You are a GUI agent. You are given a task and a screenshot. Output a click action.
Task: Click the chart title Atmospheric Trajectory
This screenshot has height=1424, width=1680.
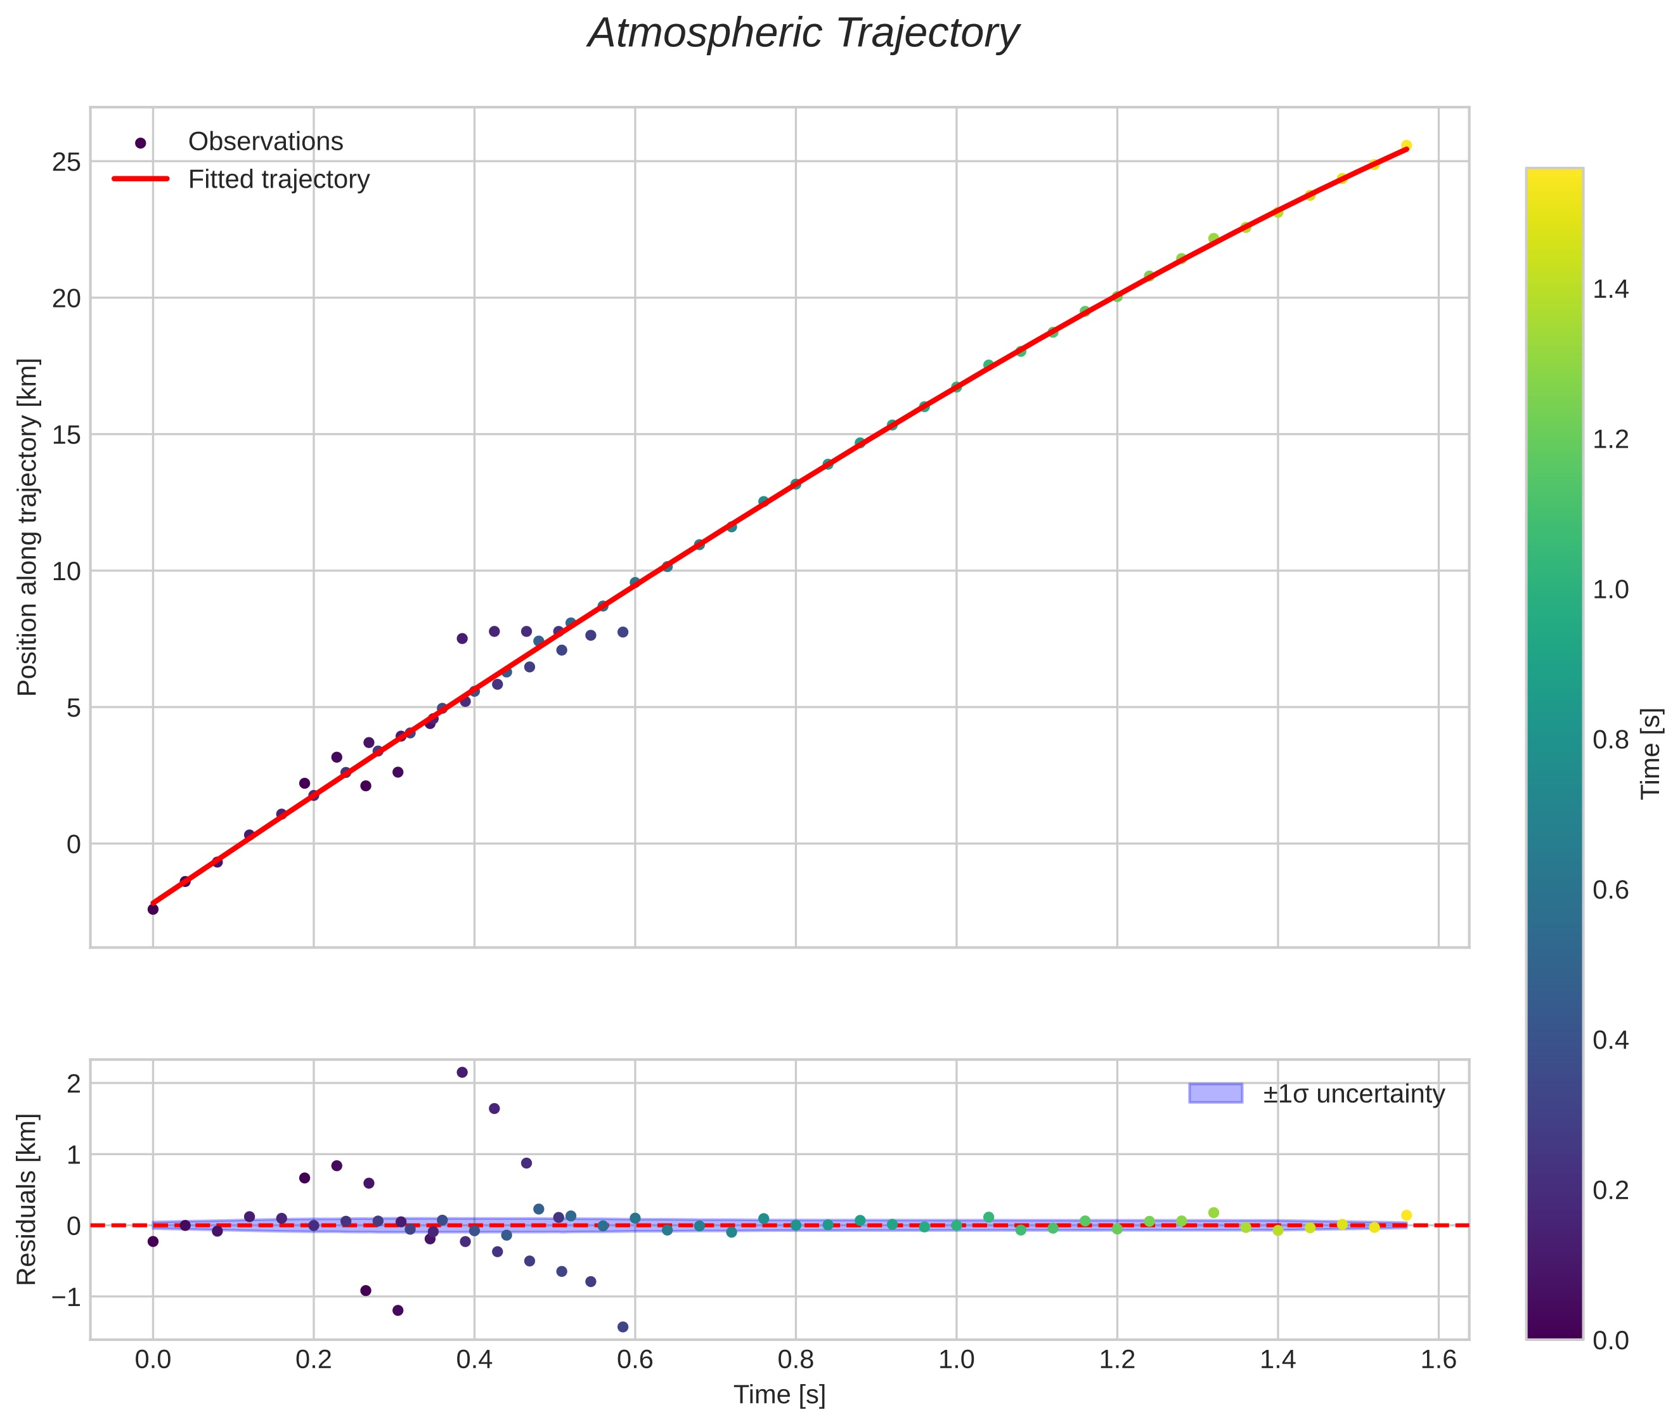(x=803, y=34)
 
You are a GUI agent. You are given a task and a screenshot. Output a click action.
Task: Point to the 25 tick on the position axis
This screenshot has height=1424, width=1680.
(x=67, y=162)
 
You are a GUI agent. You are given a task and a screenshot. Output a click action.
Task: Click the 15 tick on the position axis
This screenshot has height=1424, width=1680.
(x=67, y=435)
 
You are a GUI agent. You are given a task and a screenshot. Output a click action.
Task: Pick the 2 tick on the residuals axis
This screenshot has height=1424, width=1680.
(x=74, y=1084)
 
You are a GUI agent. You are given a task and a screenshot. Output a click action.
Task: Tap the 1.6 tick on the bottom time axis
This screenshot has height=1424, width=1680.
(x=1438, y=1360)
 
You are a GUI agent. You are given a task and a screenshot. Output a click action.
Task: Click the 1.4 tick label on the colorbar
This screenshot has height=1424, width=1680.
(x=1610, y=290)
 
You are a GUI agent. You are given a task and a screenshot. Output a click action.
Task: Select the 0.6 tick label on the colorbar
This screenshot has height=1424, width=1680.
(x=1610, y=890)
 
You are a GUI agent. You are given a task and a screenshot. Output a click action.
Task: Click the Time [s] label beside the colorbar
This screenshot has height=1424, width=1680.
(x=1651, y=753)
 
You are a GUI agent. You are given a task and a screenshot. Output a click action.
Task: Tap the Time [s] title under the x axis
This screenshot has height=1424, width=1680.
(x=779, y=1395)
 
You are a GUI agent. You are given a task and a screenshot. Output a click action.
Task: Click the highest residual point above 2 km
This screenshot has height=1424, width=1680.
(x=462, y=1072)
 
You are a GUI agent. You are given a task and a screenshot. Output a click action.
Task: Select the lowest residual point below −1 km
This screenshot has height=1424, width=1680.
(x=623, y=1326)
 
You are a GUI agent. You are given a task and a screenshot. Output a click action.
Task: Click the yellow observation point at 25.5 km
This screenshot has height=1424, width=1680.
(x=1405, y=145)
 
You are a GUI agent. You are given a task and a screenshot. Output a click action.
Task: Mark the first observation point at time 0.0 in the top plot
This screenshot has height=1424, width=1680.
(x=153, y=909)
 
